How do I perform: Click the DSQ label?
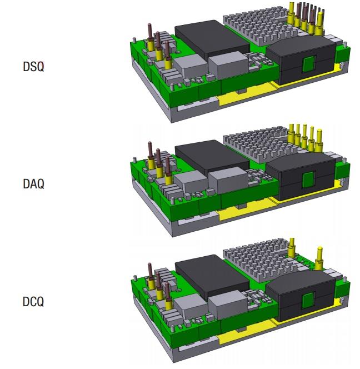(34, 66)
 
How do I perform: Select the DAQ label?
(34, 183)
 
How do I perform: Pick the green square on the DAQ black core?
(307, 180)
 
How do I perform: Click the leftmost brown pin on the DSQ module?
(149, 36)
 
